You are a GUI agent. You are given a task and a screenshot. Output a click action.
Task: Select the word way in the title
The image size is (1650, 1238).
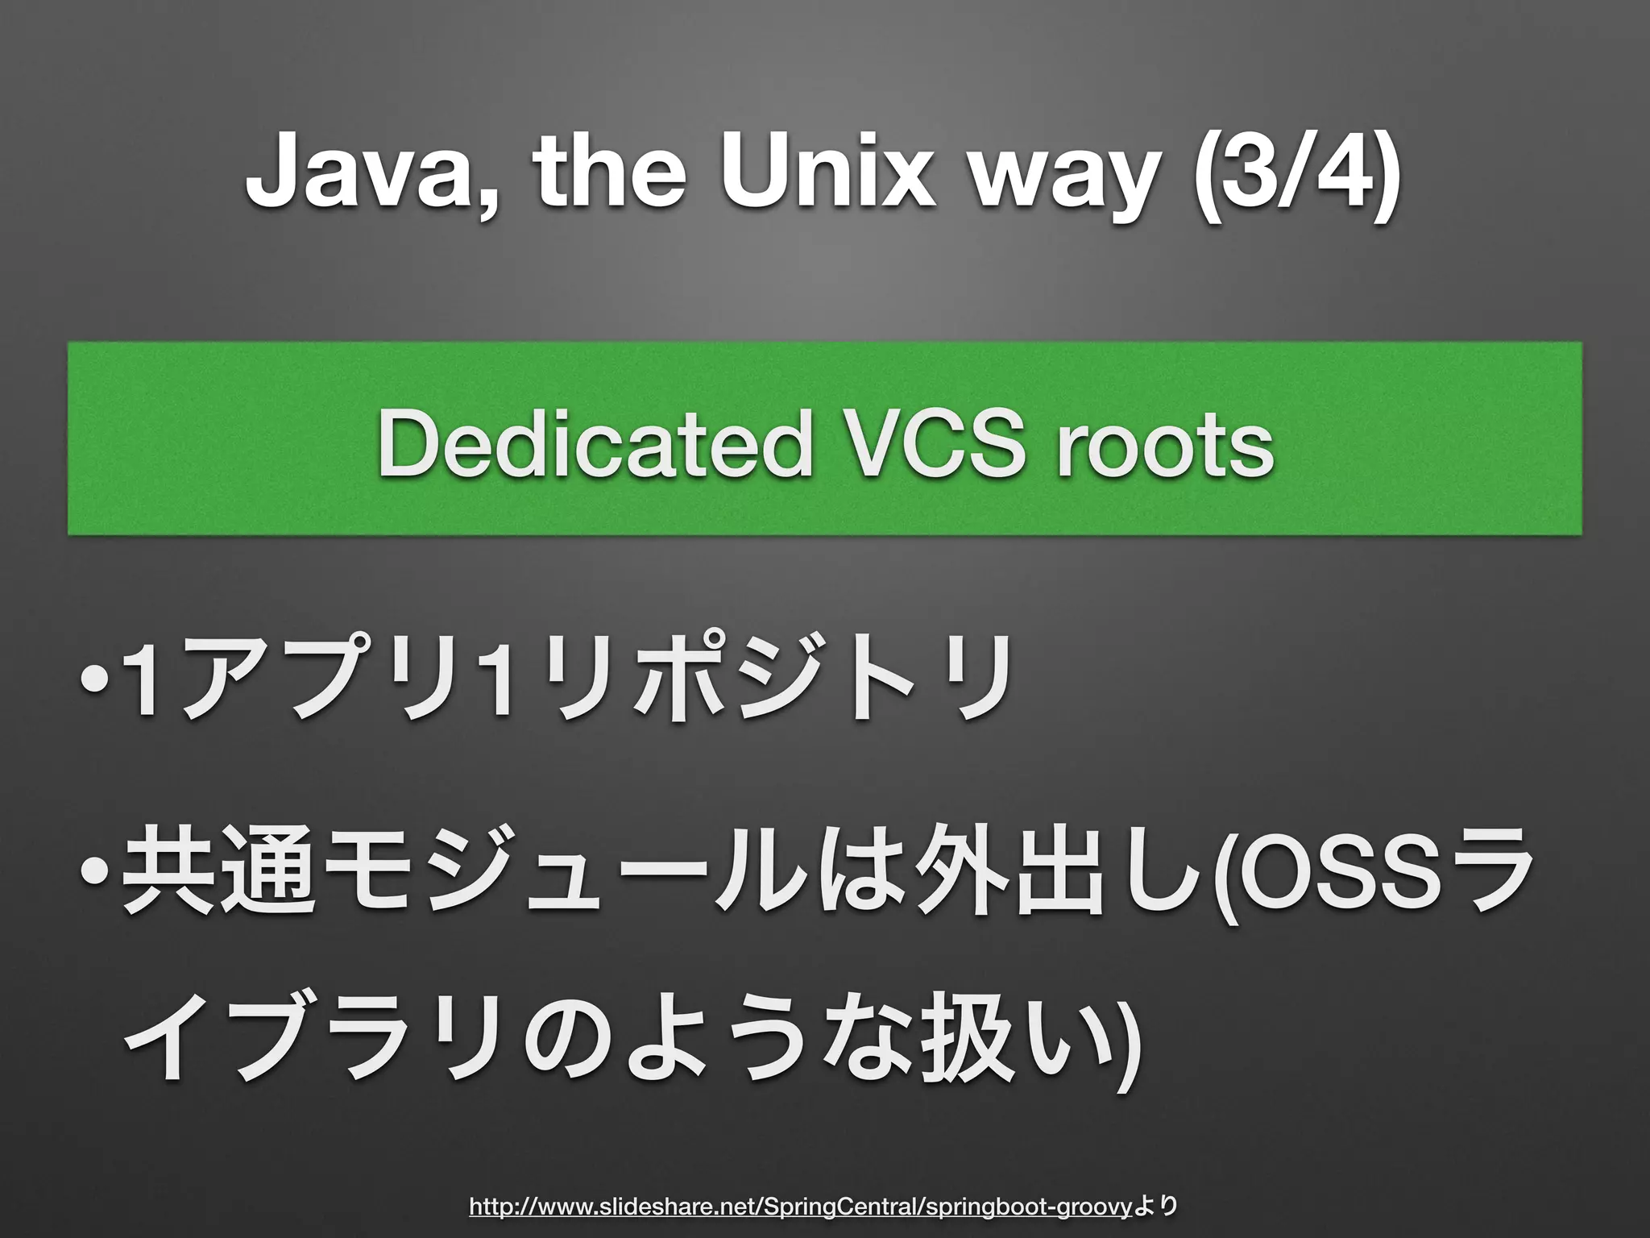pyautogui.click(x=1072, y=179)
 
